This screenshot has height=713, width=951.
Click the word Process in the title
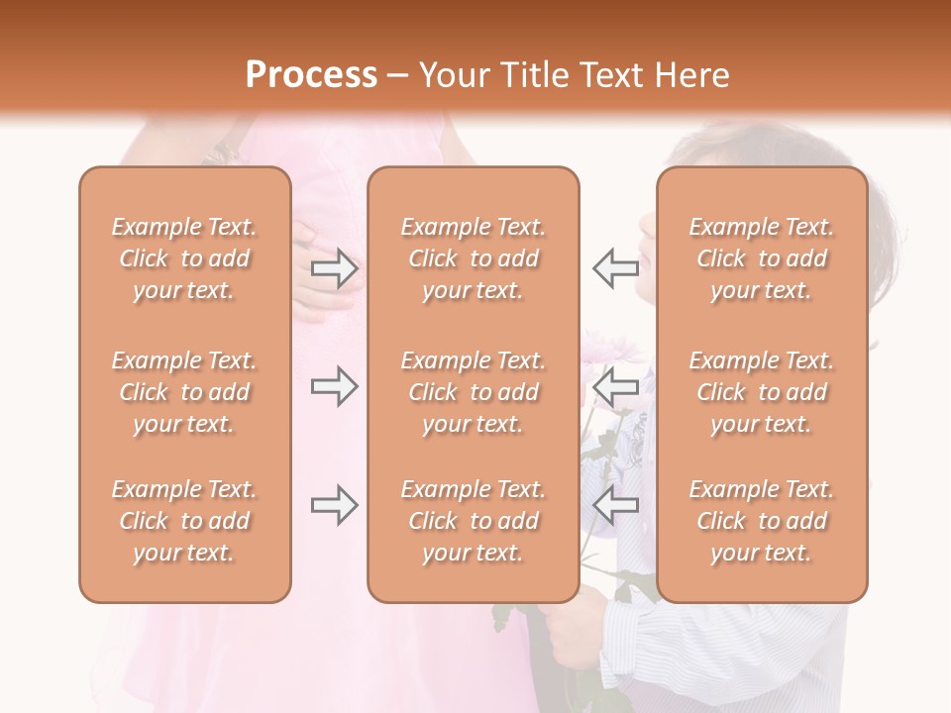point(311,75)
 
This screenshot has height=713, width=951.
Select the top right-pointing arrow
point(335,268)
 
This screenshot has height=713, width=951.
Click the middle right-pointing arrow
point(335,386)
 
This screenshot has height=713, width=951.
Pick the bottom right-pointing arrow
point(335,505)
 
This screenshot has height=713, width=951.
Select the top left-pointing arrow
point(615,266)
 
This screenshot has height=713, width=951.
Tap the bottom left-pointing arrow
point(615,505)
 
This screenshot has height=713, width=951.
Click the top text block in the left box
point(184,258)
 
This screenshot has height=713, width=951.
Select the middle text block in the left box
point(184,392)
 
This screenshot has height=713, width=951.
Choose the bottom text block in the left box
point(184,521)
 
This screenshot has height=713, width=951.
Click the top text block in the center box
point(474,258)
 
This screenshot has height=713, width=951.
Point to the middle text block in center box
point(474,392)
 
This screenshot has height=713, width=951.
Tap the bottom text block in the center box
point(474,521)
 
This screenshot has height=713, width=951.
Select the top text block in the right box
point(762,258)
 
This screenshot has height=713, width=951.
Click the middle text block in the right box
point(762,392)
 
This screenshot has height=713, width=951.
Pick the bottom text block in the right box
point(762,521)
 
